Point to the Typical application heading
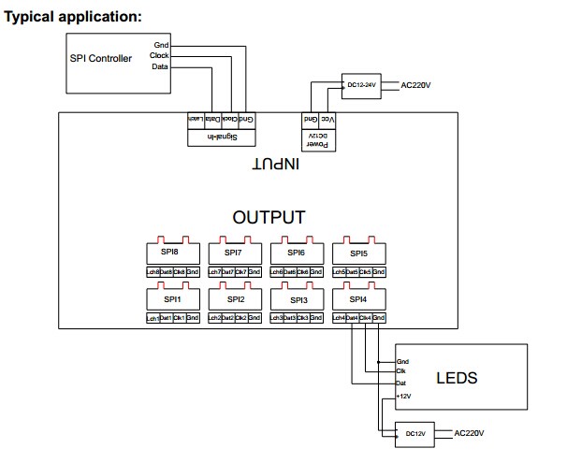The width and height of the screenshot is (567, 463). pos(74,17)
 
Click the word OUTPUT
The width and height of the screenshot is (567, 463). pos(269,218)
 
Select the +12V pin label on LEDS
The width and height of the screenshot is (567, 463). pos(404,397)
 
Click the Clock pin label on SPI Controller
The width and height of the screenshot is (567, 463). pos(159,56)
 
